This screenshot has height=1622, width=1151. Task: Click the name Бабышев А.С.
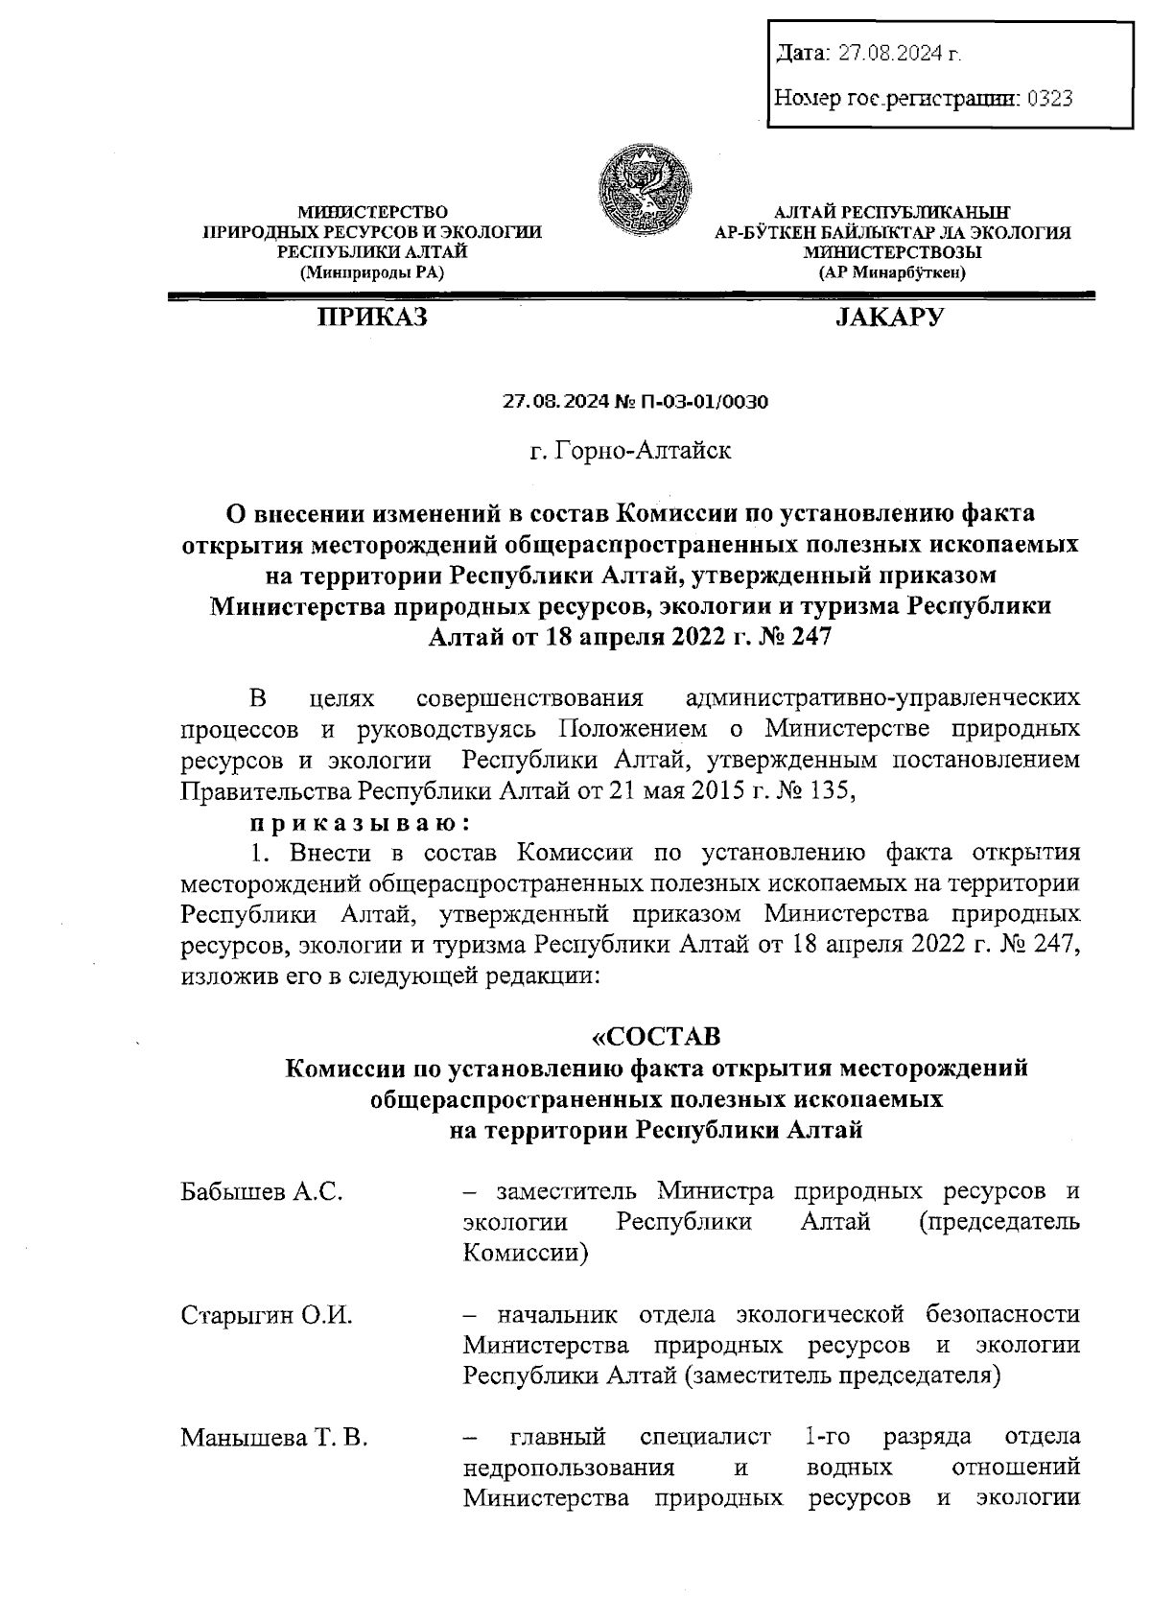pyautogui.click(x=262, y=1193)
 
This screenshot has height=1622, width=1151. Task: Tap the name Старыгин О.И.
pyautogui.click(x=267, y=1315)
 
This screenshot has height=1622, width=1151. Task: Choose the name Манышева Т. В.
pyautogui.click(x=274, y=1438)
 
